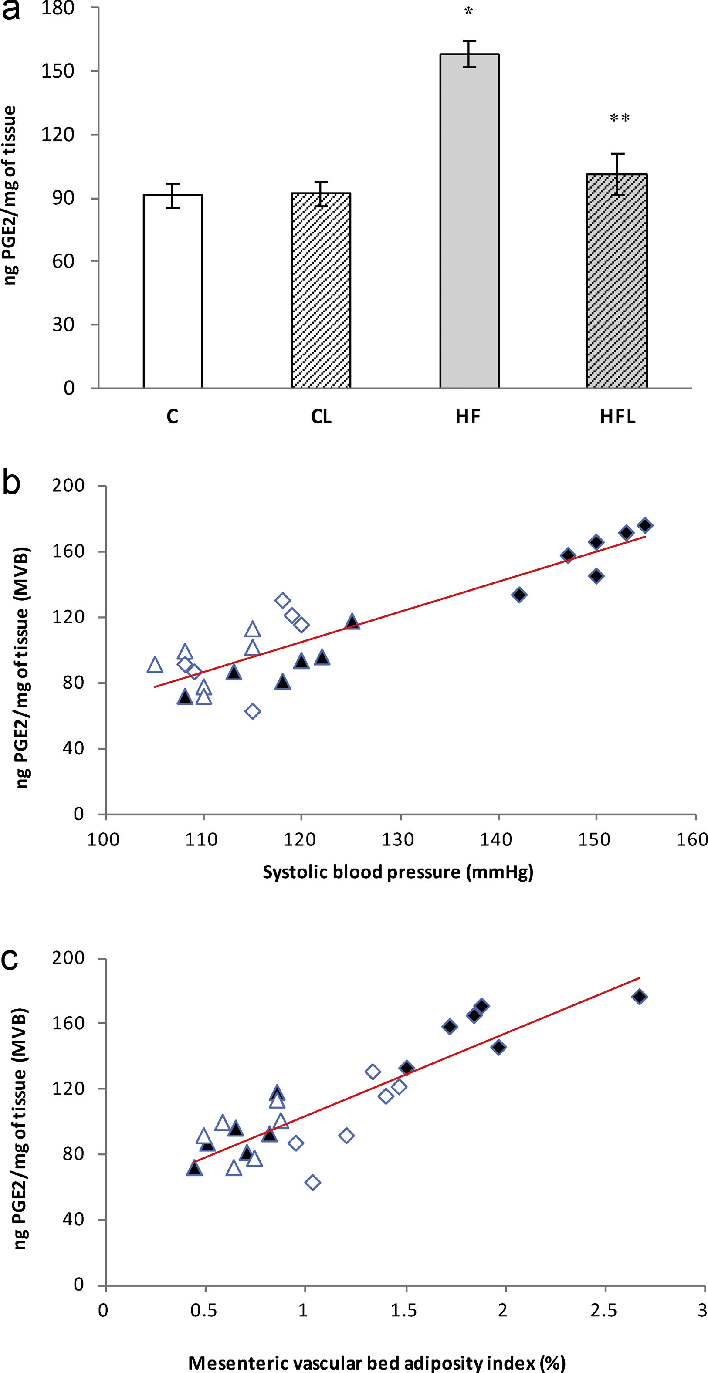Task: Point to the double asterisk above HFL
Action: pos(620,118)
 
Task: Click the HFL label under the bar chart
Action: pos(618,416)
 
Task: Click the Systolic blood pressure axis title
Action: pos(398,872)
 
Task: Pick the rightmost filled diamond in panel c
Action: pos(640,997)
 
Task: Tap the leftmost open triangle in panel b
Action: pos(155,665)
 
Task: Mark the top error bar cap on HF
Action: pos(469,41)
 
